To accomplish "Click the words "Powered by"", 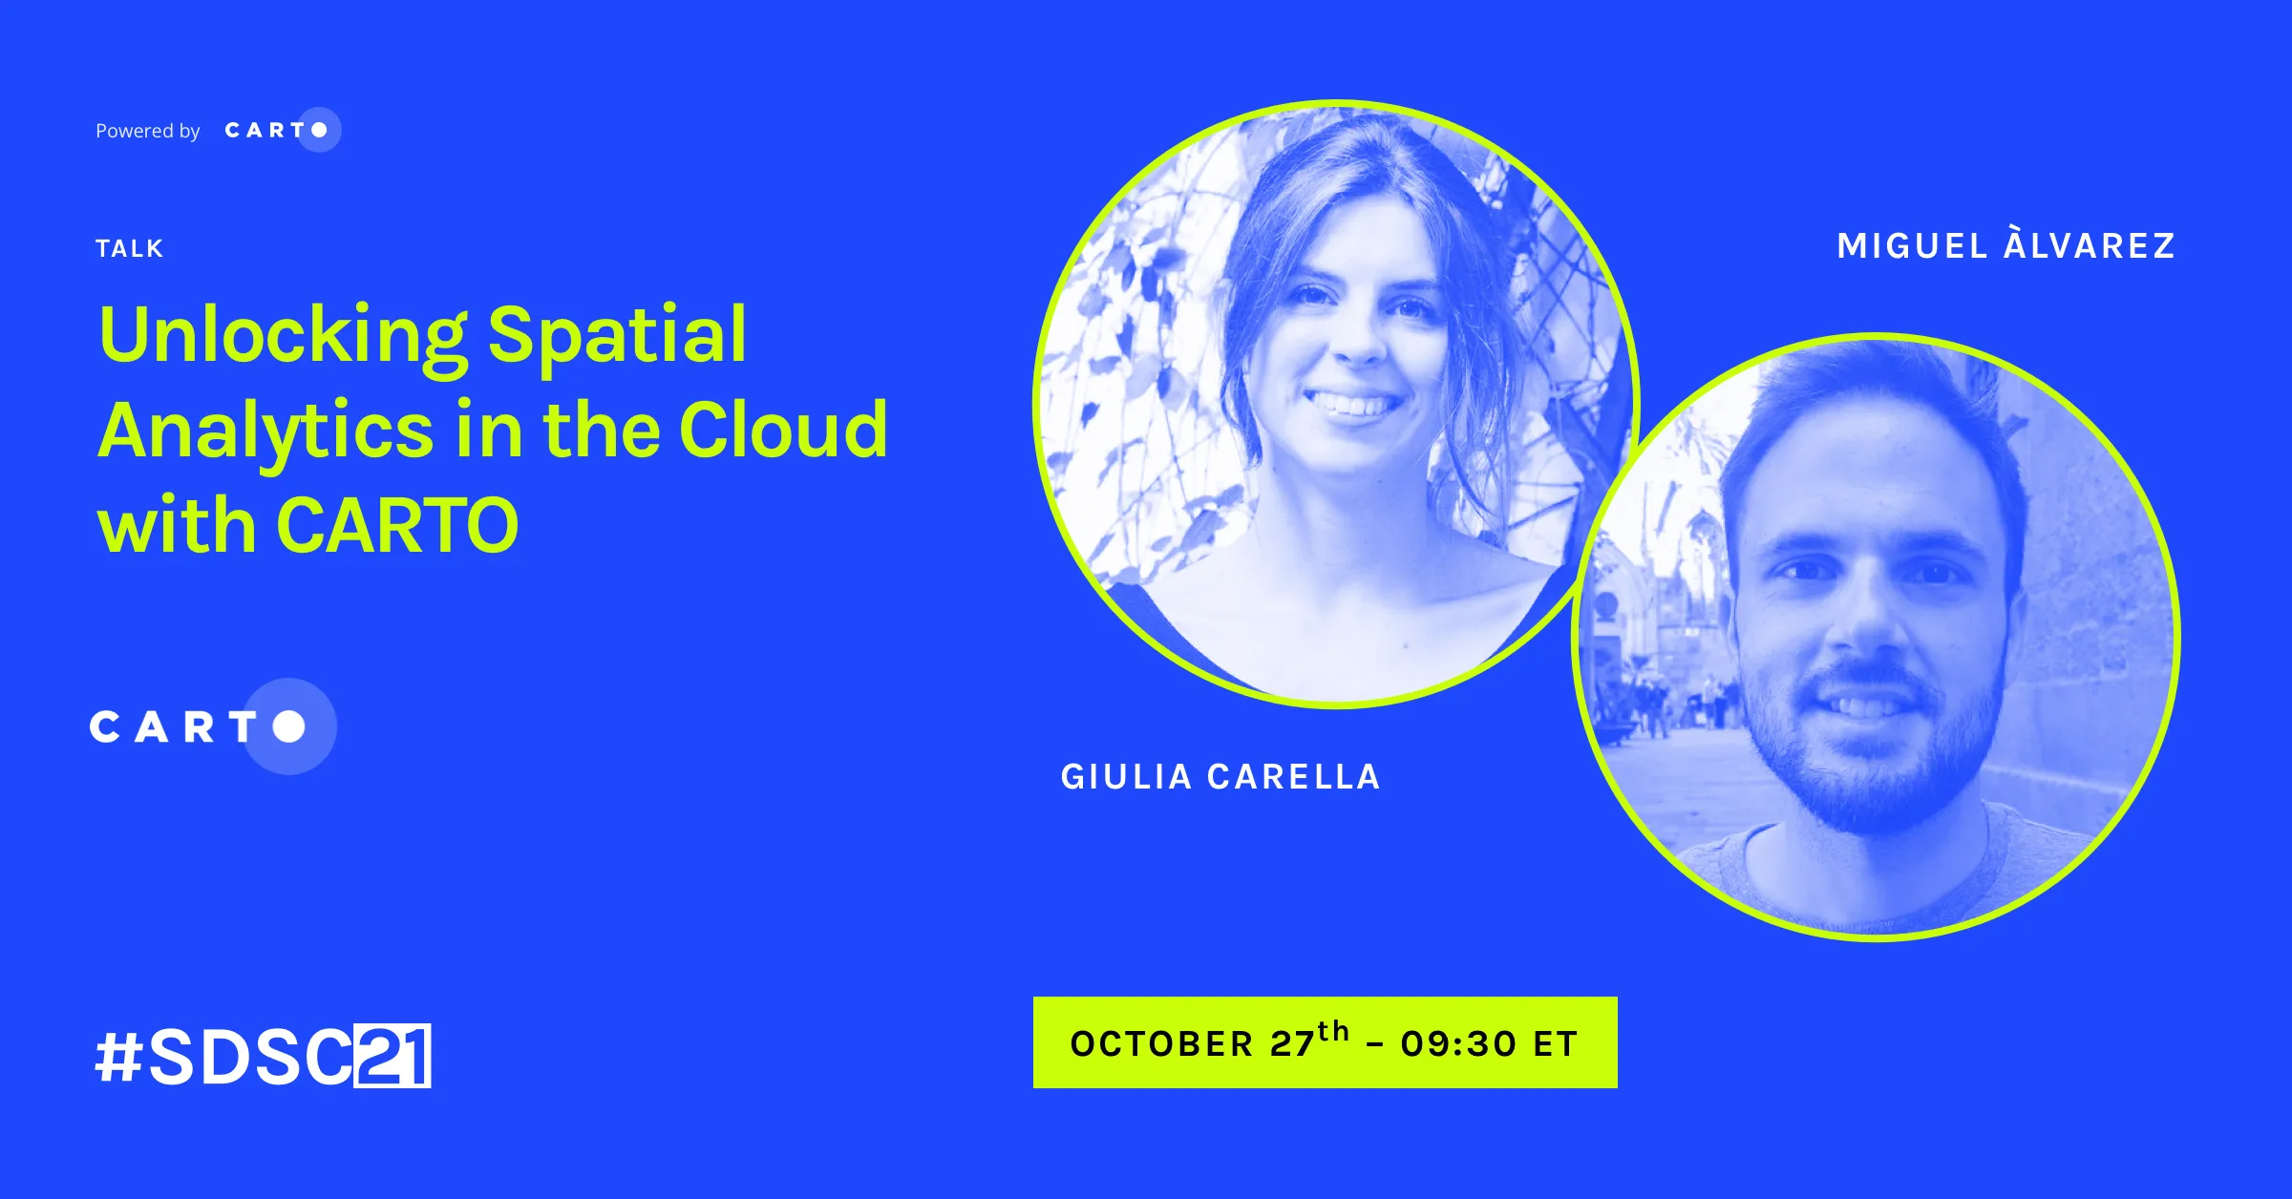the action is pyautogui.click(x=148, y=131).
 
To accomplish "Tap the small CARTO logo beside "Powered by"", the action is pyautogui.click(x=283, y=130).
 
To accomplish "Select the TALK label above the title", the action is pyautogui.click(x=130, y=249).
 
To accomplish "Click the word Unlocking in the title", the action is pyautogui.click(x=283, y=337).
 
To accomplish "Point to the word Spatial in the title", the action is pyautogui.click(x=617, y=337).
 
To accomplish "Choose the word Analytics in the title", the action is pyautogui.click(x=266, y=432).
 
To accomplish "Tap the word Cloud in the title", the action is pyautogui.click(x=783, y=430).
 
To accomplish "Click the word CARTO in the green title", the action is pyautogui.click(x=397, y=525).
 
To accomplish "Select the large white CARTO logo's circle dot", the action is pyautogui.click(x=288, y=726).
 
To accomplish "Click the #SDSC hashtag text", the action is pyautogui.click(x=224, y=1056).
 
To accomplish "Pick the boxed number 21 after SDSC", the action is pyautogui.click(x=393, y=1056).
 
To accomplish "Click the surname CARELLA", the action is pyautogui.click(x=1294, y=777).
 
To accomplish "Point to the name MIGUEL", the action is pyautogui.click(x=1913, y=246).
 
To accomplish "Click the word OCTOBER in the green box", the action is pyautogui.click(x=1161, y=1044).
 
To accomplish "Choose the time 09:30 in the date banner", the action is pyautogui.click(x=1458, y=1044).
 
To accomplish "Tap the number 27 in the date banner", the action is pyautogui.click(x=1292, y=1044).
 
